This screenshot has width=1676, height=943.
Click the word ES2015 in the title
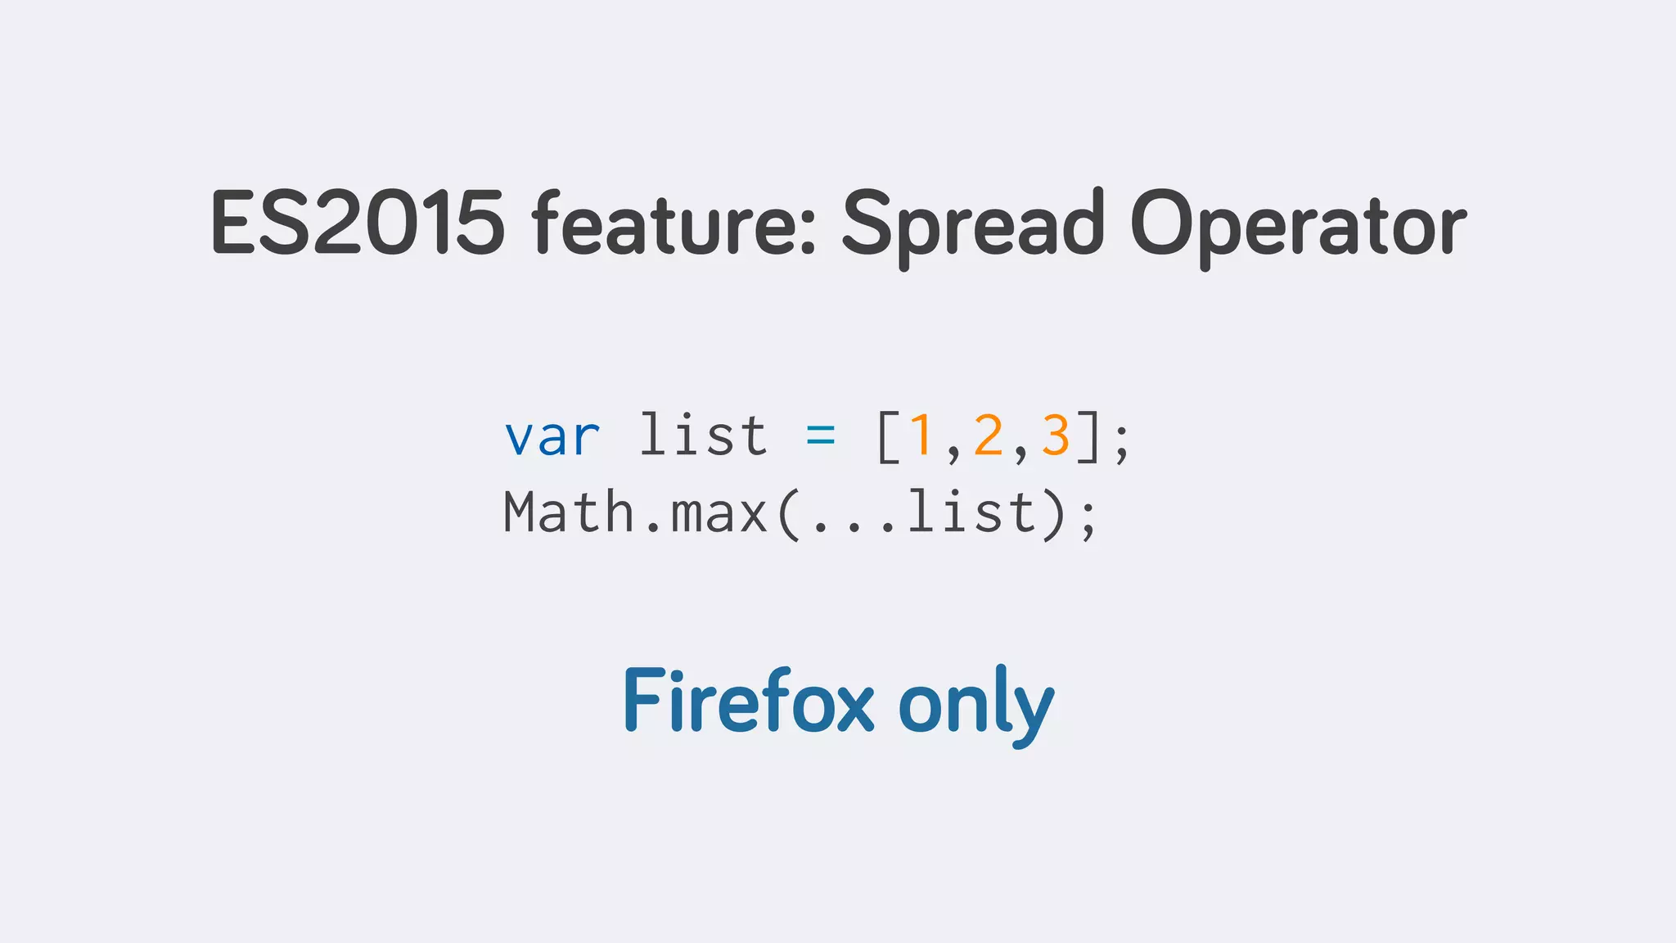(358, 223)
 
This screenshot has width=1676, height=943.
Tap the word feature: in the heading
(674, 223)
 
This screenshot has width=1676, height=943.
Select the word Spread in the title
(973, 223)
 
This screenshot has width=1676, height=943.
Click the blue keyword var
(552, 437)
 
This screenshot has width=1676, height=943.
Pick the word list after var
(703, 435)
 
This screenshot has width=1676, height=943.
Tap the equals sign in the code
(821, 436)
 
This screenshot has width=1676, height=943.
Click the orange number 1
(921, 435)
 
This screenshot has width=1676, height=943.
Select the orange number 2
(989, 435)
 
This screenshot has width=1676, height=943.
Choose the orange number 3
(1056, 435)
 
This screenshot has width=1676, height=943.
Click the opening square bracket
(888, 437)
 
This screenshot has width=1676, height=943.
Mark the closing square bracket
(1088, 437)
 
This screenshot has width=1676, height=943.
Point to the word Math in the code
(570, 513)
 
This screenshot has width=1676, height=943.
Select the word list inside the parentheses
(971, 512)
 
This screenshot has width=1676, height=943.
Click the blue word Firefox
(749, 701)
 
